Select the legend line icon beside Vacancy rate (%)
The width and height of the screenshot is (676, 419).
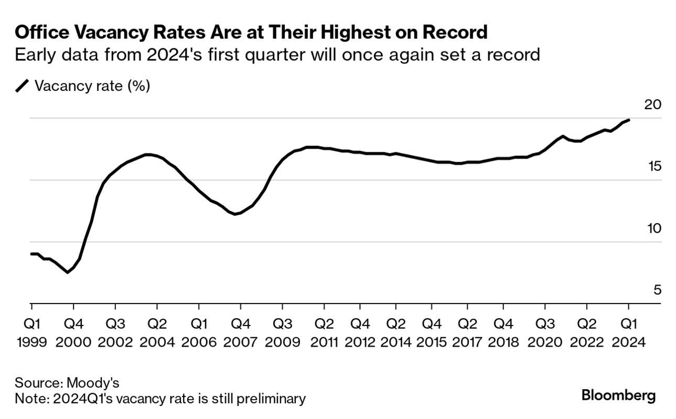pyautogui.click(x=23, y=86)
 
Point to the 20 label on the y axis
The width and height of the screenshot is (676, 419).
pyautogui.click(x=652, y=104)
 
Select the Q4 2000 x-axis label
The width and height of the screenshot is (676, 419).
pyautogui.click(x=73, y=332)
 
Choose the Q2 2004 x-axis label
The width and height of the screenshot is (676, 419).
pyautogui.click(x=157, y=332)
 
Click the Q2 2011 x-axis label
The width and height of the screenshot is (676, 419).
pyautogui.click(x=324, y=332)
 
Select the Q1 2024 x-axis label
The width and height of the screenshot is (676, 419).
pyautogui.click(x=628, y=332)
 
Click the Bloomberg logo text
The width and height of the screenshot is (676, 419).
pyautogui.click(x=618, y=395)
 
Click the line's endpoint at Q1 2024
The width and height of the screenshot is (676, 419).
pyautogui.click(x=629, y=120)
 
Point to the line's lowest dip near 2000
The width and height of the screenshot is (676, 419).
pyautogui.click(x=67, y=272)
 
